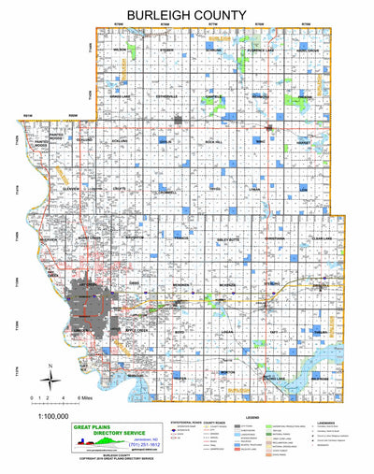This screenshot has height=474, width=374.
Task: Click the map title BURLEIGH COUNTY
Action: point(187,16)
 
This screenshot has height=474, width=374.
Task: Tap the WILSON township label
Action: point(120,50)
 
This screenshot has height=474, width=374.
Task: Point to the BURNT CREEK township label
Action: point(88,238)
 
